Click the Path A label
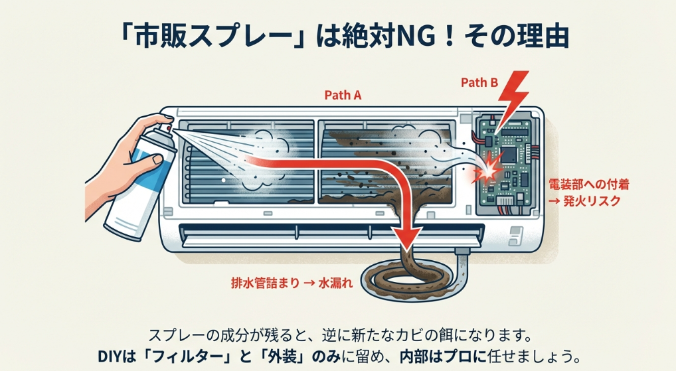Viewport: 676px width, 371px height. [343, 95]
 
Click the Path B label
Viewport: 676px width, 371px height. [479, 83]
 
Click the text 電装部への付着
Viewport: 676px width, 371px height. [584, 184]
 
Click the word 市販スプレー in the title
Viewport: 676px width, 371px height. [211, 36]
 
